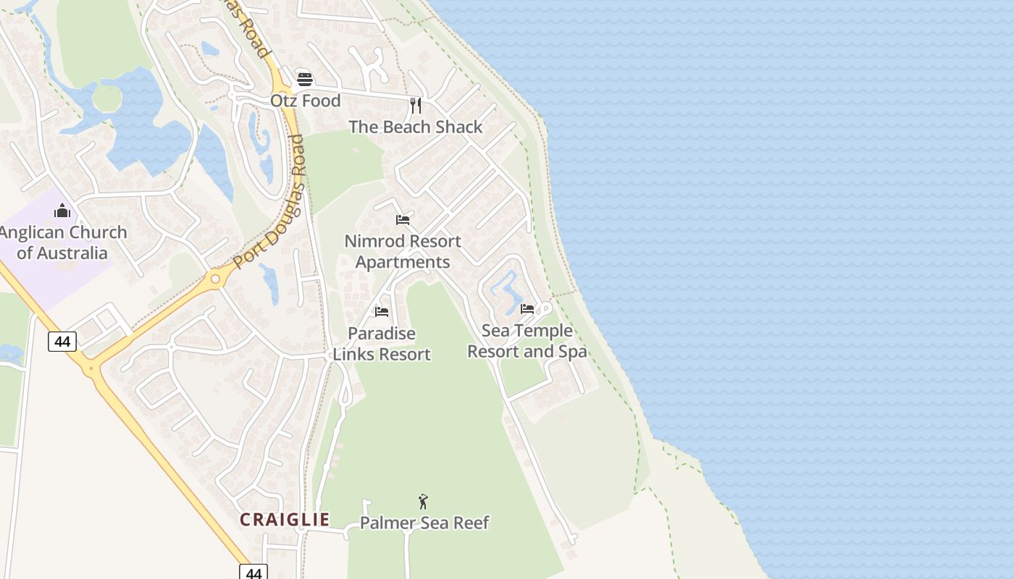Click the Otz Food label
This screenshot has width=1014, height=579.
pyautogui.click(x=305, y=101)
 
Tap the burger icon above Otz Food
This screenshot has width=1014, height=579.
pyautogui.click(x=305, y=79)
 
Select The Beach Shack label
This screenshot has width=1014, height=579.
pyautogui.click(x=415, y=127)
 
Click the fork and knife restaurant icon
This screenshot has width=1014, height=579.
pyautogui.click(x=416, y=106)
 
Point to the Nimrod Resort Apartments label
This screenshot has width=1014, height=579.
pyautogui.click(x=403, y=251)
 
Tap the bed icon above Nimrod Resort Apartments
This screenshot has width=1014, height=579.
pyautogui.click(x=403, y=219)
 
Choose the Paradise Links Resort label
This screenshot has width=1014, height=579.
pyautogui.click(x=382, y=344)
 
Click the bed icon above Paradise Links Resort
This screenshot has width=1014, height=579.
pyautogui.click(x=382, y=311)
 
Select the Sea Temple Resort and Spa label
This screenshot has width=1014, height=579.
pyautogui.click(x=527, y=341)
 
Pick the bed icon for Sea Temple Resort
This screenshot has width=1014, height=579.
pyautogui.click(x=527, y=308)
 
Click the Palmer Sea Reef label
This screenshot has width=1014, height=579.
pyautogui.click(x=424, y=523)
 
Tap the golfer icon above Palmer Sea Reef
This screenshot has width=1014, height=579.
pyautogui.click(x=423, y=501)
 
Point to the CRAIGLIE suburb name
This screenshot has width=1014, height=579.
pyautogui.click(x=285, y=520)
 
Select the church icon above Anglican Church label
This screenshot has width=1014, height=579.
pyautogui.click(x=62, y=211)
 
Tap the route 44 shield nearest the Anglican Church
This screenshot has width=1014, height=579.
pyautogui.click(x=62, y=341)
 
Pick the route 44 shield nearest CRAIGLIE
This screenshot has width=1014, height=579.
pyautogui.click(x=253, y=572)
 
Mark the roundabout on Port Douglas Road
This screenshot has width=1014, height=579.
pyautogui.click(x=214, y=278)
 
